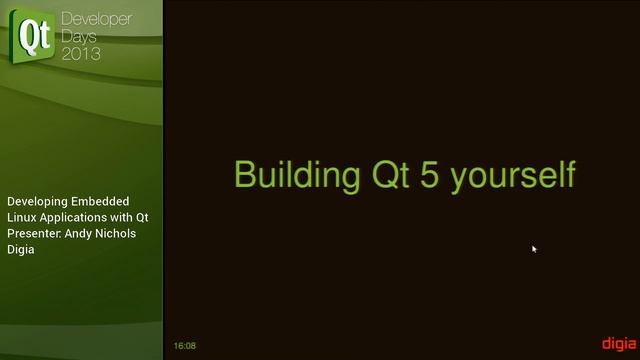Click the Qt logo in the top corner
point(34,36)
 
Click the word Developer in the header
point(96,19)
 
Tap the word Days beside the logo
point(81,36)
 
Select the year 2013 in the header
point(81,54)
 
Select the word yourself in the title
point(512,174)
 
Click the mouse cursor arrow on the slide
point(534,249)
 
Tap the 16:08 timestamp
point(184,346)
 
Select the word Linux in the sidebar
point(22,217)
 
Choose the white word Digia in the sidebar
point(21,249)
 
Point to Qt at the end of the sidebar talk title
point(142,217)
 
